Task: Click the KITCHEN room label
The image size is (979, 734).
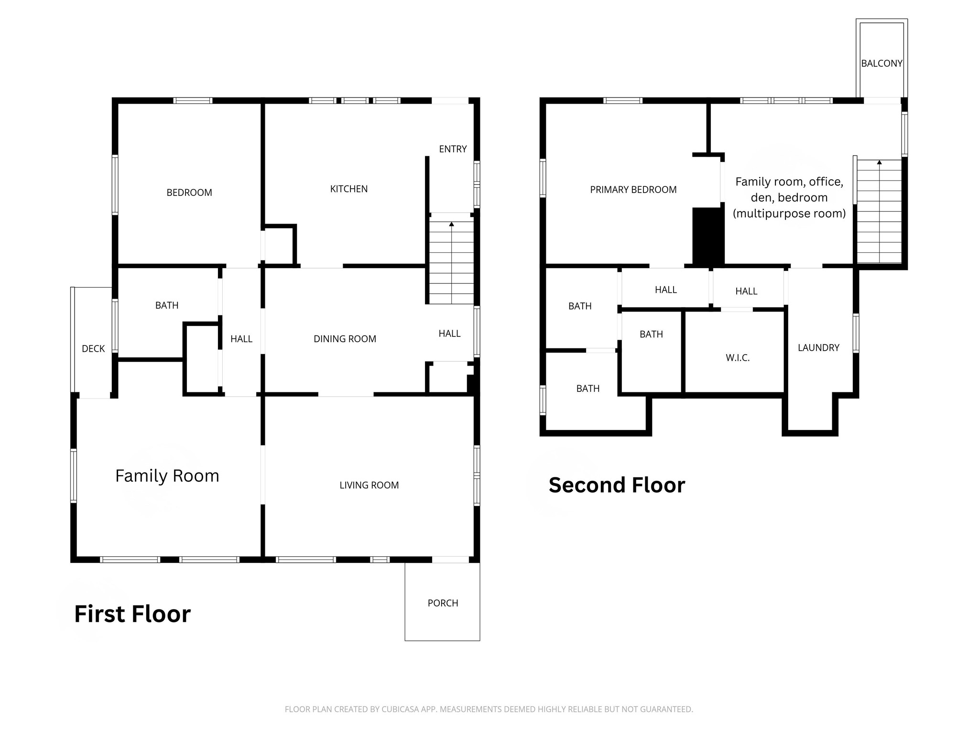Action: pyautogui.click(x=349, y=189)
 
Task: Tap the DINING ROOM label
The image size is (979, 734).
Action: pyautogui.click(x=345, y=339)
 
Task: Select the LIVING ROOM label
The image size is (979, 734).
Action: pyautogui.click(x=369, y=485)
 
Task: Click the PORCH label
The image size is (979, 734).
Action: pyautogui.click(x=443, y=603)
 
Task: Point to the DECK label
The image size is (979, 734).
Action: pyautogui.click(x=93, y=349)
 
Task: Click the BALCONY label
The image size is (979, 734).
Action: pyautogui.click(x=881, y=64)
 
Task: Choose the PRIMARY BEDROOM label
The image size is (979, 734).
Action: pyautogui.click(x=633, y=190)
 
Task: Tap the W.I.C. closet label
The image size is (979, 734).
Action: pyautogui.click(x=738, y=358)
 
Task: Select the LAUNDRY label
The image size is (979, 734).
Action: pyautogui.click(x=818, y=348)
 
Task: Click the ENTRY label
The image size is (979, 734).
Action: pyautogui.click(x=453, y=149)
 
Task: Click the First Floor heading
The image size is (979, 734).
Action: pyautogui.click(x=132, y=614)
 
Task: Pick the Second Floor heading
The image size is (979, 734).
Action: pyautogui.click(x=617, y=485)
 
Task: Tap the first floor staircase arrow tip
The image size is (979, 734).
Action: pyautogui.click(x=451, y=223)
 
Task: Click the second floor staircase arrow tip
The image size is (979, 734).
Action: pyautogui.click(x=879, y=162)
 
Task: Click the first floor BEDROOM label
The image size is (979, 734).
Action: pyautogui.click(x=189, y=193)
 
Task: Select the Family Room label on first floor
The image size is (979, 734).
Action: pyautogui.click(x=167, y=476)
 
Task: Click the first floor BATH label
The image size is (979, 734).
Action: pyautogui.click(x=167, y=305)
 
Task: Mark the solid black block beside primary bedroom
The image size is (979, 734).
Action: pyautogui.click(x=708, y=237)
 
